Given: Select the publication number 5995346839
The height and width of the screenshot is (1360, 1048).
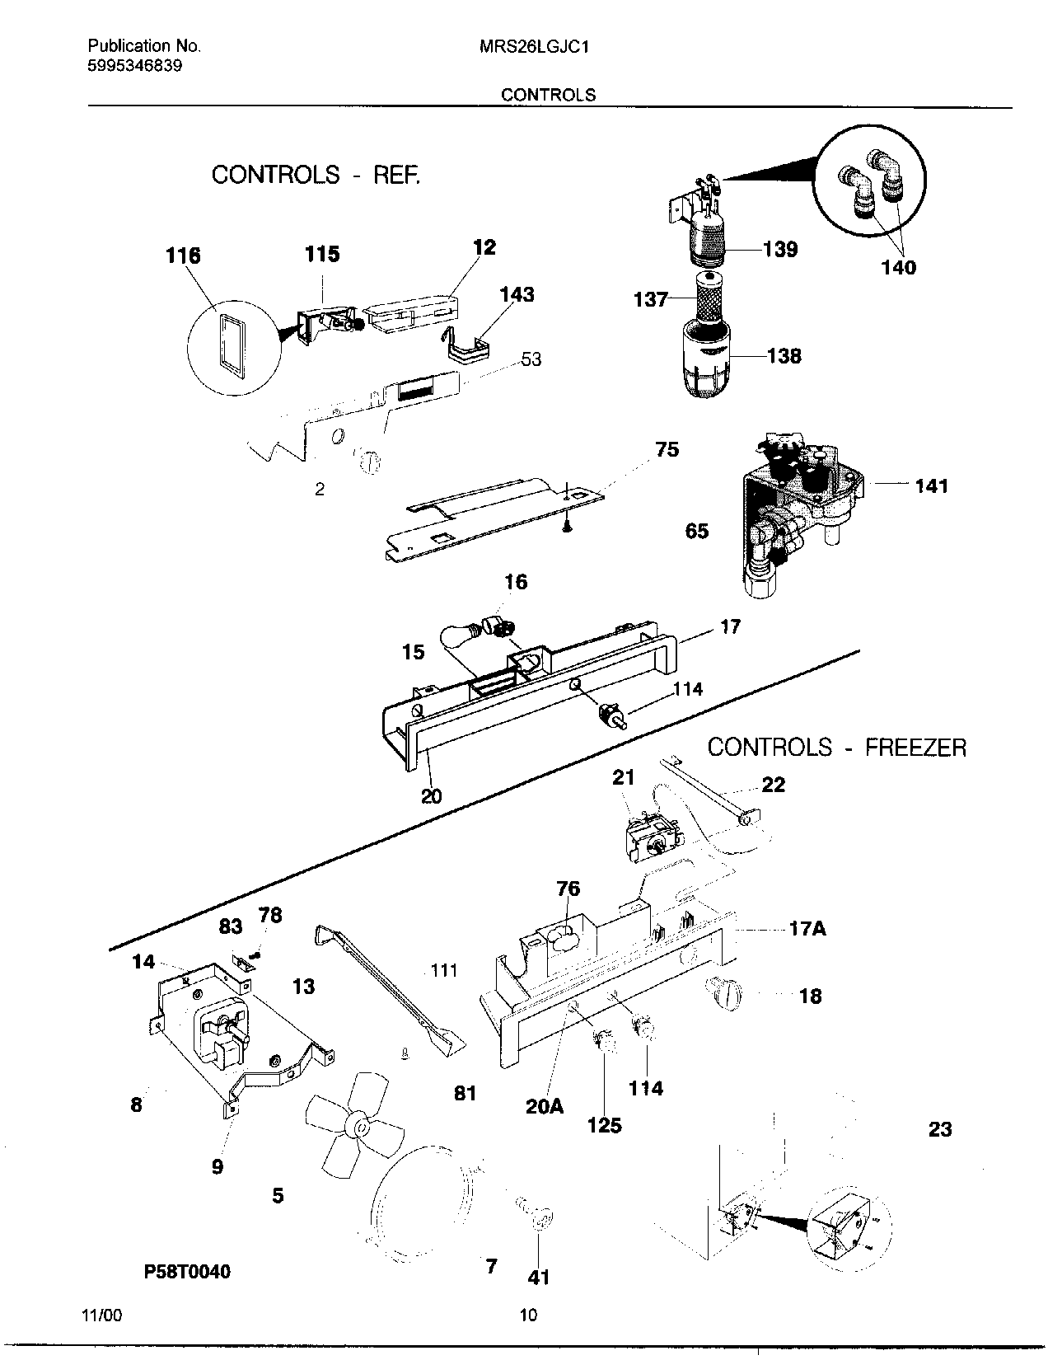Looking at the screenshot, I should point(134,66).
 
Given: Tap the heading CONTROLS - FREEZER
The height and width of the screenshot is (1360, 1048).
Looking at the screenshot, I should point(836,748).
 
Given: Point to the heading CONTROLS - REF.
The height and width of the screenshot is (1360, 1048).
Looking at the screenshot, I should point(316,175).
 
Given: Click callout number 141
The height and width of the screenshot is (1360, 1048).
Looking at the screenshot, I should point(931,486).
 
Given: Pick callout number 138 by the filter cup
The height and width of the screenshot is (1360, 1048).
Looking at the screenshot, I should point(784,356).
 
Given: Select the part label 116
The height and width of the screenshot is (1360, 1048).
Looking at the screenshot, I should point(183,256).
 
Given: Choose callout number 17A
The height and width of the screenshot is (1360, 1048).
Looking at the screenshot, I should point(807,929).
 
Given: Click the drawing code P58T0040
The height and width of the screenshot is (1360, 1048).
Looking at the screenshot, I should point(187,1272).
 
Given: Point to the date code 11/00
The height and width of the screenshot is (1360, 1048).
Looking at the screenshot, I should point(103,1316).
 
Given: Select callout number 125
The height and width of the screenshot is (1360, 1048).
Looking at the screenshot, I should point(604,1125).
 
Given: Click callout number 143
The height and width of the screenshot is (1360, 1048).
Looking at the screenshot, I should point(517,294).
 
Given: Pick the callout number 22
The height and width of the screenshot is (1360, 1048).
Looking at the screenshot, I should point(773,785).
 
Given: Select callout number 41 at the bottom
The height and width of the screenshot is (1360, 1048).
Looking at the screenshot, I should point(538,1277).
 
